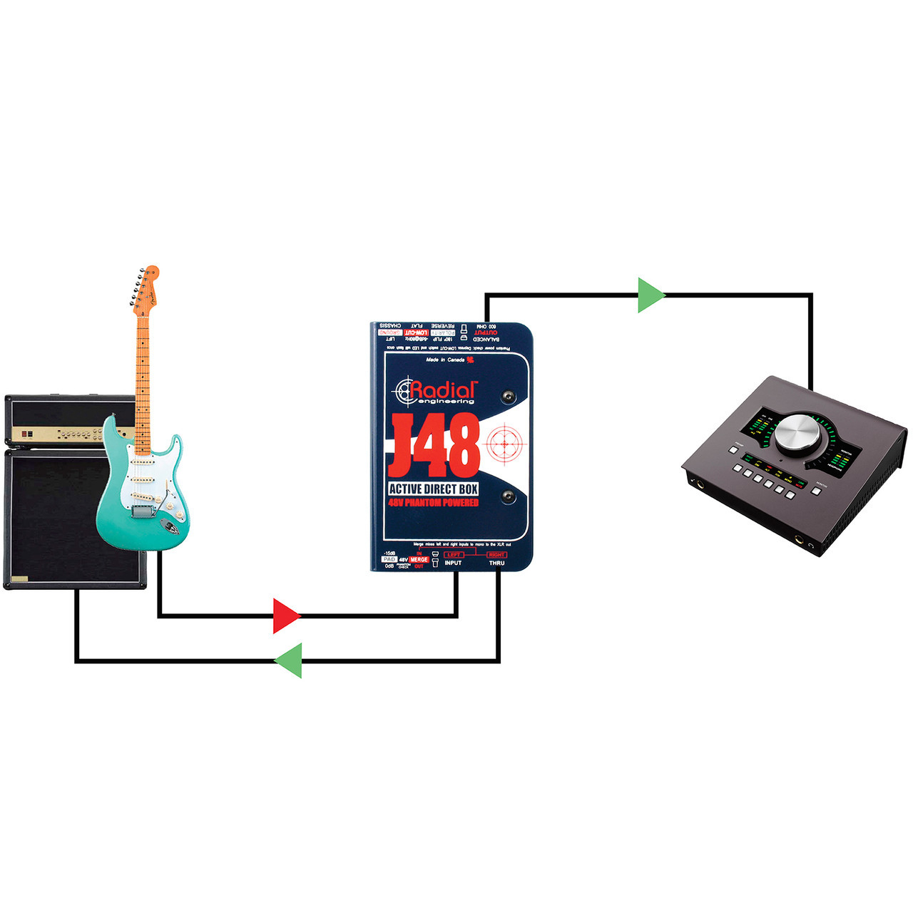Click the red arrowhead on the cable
286,616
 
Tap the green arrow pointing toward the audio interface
651,295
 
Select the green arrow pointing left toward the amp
289,660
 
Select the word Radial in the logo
442,389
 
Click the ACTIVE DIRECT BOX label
434,489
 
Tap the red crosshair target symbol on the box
504,444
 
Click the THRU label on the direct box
496,563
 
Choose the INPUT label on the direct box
453,563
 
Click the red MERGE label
419,560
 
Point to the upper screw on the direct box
508,397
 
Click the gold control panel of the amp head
71,434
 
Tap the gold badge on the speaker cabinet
19,578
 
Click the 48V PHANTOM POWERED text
434,503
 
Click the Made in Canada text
445,360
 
